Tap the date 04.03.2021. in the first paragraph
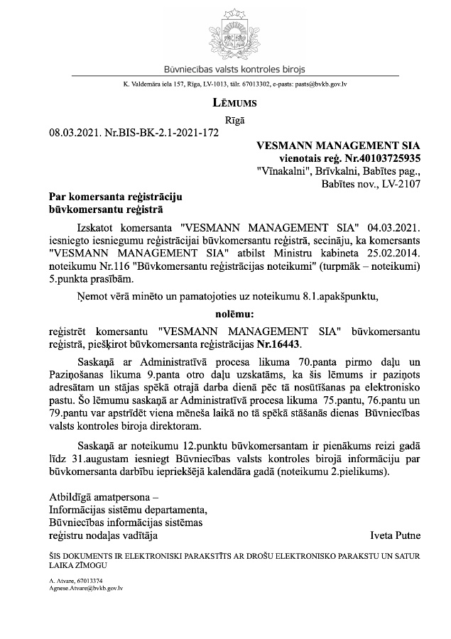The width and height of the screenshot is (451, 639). pyautogui.click(x=395, y=229)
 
